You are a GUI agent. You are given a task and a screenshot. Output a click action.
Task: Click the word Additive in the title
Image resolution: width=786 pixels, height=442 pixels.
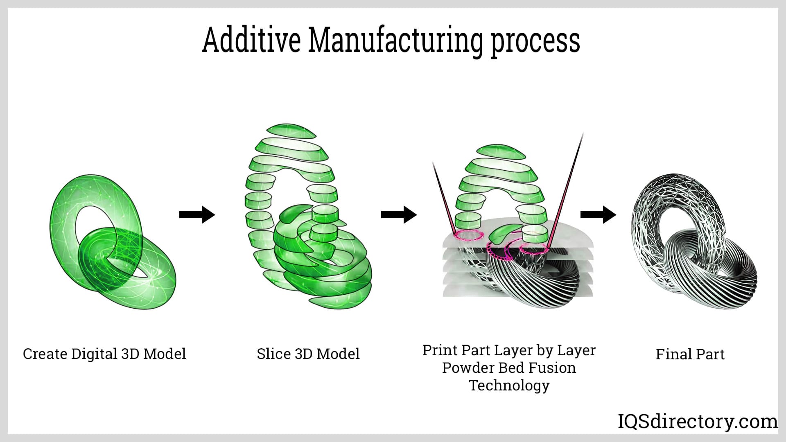point(251,40)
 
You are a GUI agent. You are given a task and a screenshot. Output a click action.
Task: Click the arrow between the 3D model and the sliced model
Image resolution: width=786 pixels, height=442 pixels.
point(197,214)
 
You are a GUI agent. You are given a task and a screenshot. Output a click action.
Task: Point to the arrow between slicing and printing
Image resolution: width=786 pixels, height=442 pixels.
point(399,214)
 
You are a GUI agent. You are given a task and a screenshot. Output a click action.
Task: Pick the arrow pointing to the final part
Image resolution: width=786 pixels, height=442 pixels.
point(598,214)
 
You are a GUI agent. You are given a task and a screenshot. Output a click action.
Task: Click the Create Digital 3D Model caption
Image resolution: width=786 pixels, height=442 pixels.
point(104,354)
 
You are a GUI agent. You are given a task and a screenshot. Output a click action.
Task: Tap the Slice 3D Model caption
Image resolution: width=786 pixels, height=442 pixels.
point(308,354)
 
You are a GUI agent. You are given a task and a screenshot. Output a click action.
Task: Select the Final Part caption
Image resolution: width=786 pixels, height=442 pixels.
point(690,354)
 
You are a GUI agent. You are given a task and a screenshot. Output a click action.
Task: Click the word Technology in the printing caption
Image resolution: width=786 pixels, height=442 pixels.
point(509,385)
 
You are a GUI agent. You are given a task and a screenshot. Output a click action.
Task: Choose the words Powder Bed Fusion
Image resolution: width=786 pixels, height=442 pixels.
point(509,368)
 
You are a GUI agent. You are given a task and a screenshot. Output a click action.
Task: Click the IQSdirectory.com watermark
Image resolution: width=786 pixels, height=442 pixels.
point(697,422)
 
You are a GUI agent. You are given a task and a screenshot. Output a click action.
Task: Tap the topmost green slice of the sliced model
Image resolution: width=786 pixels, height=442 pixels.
point(291,130)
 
